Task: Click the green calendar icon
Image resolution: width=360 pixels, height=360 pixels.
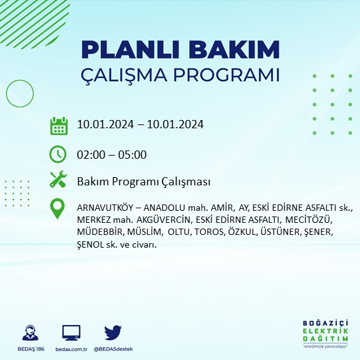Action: [x=58, y=125]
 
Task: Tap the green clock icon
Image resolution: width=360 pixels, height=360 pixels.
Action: [x=58, y=154]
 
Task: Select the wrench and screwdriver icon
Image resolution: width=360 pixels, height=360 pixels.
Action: [x=58, y=181]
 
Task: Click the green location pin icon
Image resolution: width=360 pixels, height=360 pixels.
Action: [x=58, y=210]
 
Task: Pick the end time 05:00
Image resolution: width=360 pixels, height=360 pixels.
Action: [x=134, y=154]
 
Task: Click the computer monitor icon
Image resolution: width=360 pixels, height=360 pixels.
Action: [x=71, y=333]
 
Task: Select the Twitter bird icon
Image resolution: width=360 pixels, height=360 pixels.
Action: [x=113, y=333]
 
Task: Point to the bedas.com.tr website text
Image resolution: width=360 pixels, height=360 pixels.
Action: [x=71, y=349]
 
